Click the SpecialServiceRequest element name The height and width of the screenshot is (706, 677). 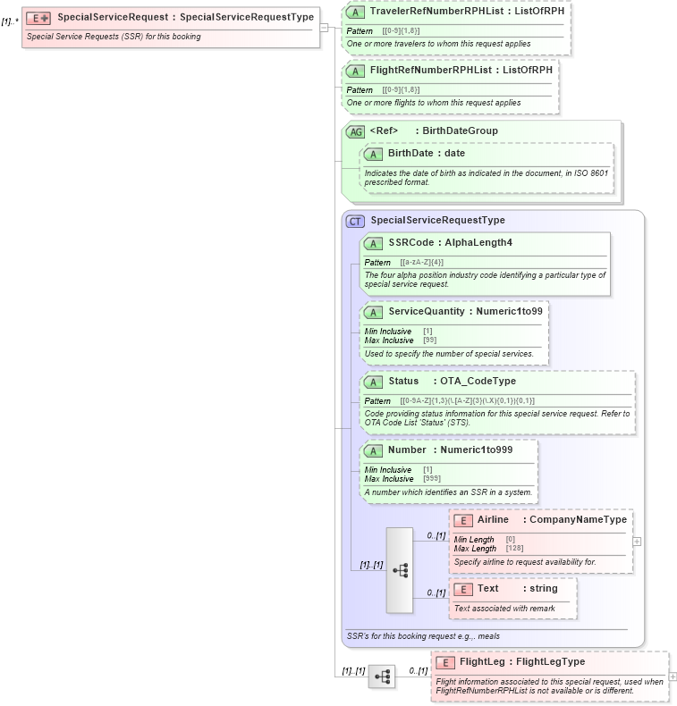pyautogui.click(x=115, y=17)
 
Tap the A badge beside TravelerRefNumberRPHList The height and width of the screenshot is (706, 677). pyautogui.click(x=354, y=13)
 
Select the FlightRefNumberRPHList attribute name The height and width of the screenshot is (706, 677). pyautogui.click(x=428, y=71)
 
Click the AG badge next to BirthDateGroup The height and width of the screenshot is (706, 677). pyautogui.click(x=355, y=131)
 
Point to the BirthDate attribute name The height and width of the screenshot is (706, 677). pyautogui.click(x=414, y=154)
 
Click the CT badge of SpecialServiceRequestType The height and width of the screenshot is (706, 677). pyautogui.click(x=355, y=221)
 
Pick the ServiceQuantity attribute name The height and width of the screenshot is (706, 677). pyautogui.click(x=427, y=312)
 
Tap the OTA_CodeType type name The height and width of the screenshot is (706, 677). pyautogui.click(x=478, y=382)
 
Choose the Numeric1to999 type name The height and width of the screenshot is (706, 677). pyautogui.click(x=477, y=450)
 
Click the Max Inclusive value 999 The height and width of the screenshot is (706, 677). pyautogui.click(x=431, y=479)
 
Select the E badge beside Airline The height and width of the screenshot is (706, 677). pyautogui.click(x=463, y=520)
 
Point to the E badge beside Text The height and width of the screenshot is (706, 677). pyautogui.click(x=463, y=589)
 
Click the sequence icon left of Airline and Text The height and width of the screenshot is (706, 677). pyautogui.click(x=400, y=570)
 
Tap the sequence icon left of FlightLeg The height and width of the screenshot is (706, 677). pyautogui.click(x=382, y=677)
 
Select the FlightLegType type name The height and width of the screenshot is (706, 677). pyautogui.click(x=550, y=662)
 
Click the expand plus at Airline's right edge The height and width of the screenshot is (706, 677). pyautogui.click(x=637, y=541)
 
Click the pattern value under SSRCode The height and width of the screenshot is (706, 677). pyautogui.click(x=421, y=263)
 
